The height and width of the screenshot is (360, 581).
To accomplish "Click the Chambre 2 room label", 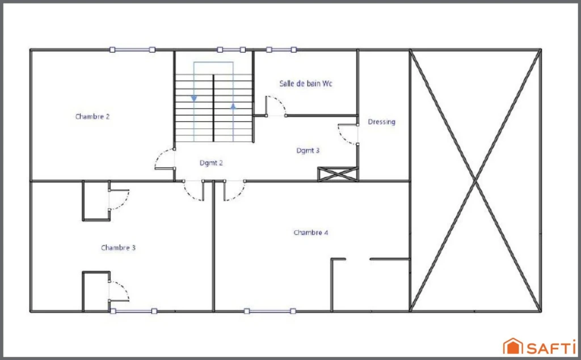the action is coord(92,117).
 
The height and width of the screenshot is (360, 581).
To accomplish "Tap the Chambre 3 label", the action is coord(118,248).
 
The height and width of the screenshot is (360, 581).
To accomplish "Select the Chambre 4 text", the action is coord(311,232).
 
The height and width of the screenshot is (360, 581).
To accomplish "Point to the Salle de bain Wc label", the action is coord(306,84).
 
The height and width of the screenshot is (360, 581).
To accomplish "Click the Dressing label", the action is coord(382,122).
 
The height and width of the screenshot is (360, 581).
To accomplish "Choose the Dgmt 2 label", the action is coord(211,163).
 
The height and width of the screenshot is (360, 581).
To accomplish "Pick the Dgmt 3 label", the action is coord(308,150).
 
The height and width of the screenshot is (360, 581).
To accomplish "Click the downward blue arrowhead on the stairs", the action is coord(194,99).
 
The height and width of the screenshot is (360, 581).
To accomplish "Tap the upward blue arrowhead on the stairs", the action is coord(233,107).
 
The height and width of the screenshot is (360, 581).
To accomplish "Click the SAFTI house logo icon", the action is coord(513,346).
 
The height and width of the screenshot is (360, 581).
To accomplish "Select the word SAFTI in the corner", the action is coord(551,348).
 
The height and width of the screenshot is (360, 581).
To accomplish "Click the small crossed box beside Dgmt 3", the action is coord(338,174).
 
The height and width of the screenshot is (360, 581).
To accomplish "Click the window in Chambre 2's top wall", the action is coord(132,50).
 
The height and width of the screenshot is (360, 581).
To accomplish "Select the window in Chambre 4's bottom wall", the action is coord(270,311).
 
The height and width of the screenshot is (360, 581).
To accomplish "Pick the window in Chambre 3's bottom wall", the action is coord(133,311).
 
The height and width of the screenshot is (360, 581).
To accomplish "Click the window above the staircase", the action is coord(231,50).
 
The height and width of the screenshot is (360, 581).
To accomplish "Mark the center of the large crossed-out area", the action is coord(475,180).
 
